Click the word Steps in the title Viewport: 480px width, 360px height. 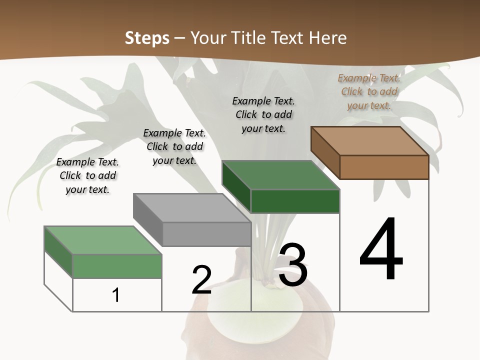147,38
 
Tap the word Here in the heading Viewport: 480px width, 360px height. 328,38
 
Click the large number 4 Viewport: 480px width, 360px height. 381,249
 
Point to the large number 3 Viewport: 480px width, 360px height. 293,265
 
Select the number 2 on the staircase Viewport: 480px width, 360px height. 201,280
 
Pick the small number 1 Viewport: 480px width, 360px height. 116,295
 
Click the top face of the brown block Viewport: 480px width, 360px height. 369,140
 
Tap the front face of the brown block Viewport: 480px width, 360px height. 384,167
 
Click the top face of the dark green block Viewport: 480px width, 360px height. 280,175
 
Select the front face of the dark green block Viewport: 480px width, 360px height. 295,201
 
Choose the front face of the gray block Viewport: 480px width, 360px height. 206,234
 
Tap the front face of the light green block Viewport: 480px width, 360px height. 117,266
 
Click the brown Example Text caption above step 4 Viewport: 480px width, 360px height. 369,91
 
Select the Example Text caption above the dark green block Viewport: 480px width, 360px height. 263,114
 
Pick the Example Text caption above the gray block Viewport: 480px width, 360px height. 174,146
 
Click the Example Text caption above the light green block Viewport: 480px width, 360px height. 87,175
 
